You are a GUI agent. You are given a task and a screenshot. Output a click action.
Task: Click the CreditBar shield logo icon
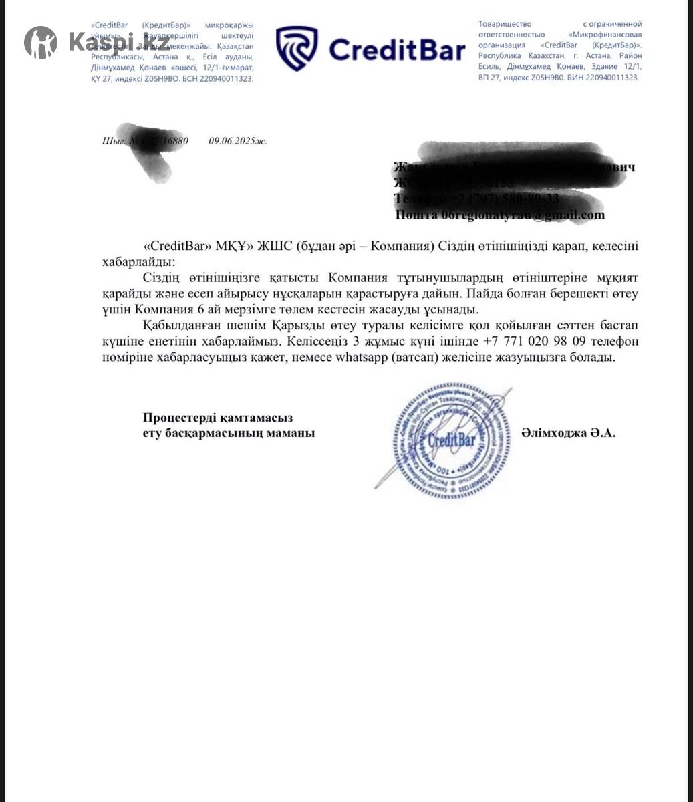coord(297,49)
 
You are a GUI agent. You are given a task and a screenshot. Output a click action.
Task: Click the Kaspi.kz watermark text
coord(118,43)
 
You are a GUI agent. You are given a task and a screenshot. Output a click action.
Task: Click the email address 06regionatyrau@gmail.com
coord(523,215)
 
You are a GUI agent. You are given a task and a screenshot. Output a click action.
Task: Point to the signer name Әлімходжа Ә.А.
coord(568,433)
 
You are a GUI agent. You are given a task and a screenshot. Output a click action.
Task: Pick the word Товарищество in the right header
coord(505,24)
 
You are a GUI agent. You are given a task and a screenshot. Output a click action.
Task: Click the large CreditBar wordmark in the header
coord(397,50)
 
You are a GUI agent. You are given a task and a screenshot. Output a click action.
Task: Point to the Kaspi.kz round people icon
coord(41,43)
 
